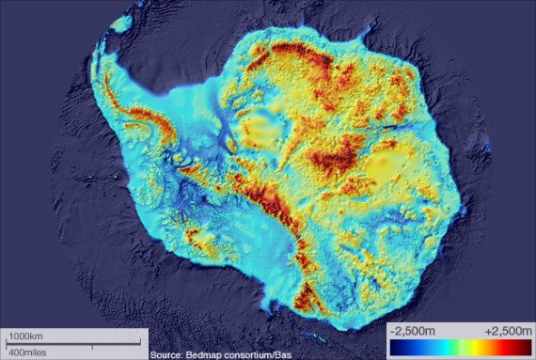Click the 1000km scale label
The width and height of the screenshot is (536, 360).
(x=25, y=336)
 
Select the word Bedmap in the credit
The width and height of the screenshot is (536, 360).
(x=212, y=354)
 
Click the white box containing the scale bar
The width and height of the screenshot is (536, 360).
(x=73, y=343)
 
